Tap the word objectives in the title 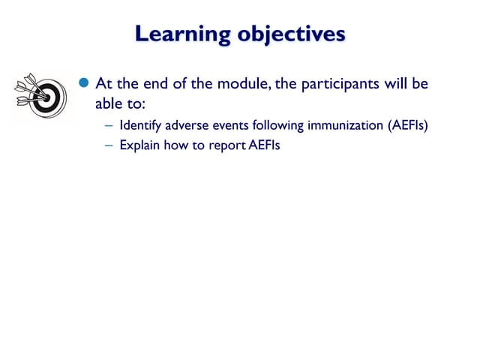tap(291, 34)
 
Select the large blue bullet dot tap(84, 83)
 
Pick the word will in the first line tap(396, 83)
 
